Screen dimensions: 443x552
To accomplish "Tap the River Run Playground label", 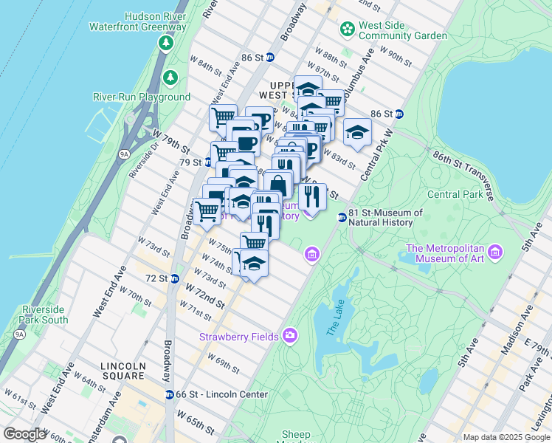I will pyautogui.click(x=141, y=97).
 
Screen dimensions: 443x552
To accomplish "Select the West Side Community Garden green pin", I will pyautogui.click(x=347, y=30).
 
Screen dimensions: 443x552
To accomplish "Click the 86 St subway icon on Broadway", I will pyautogui.click(x=270, y=57).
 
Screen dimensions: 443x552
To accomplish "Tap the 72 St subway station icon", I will pyautogui.click(x=174, y=278).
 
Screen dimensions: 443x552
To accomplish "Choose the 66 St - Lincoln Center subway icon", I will pyautogui.click(x=170, y=394).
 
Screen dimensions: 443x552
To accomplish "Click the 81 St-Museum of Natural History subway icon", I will pyautogui.click(x=342, y=217).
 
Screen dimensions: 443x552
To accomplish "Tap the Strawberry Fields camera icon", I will pyautogui.click(x=290, y=337).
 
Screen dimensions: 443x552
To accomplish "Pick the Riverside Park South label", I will pyautogui.click(x=45, y=315).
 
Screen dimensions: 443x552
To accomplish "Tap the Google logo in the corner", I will pyautogui.click(x=24, y=434).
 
